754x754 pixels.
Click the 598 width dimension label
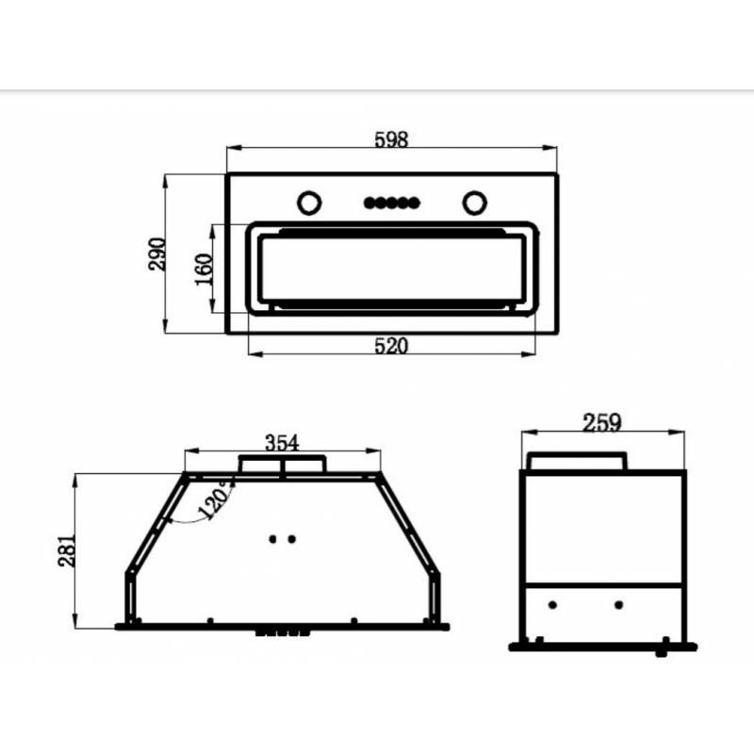click(x=391, y=139)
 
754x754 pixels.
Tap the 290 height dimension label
click(x=157, y=254)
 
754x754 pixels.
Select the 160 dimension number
click(x=204, y=270)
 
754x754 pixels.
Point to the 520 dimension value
click(x=391, y=346)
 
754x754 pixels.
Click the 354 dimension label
click(x=282, y=442)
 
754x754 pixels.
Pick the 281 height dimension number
click(x=67, y=550)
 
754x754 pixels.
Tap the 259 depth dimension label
click(x=601, y=422)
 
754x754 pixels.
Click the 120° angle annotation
click(x=216, y=500)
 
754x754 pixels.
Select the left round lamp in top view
click(x=309, y=203)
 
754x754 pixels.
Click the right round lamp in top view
click(x=475, y=203)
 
